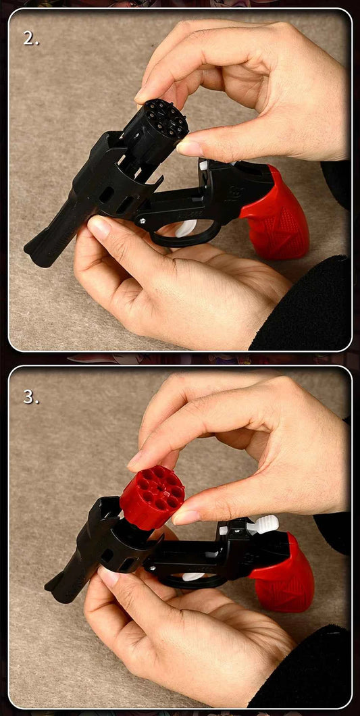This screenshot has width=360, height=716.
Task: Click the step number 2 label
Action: [x=31, y=39]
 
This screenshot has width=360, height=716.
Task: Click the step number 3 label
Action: [x=31, y=397]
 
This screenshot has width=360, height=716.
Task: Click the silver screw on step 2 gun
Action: [x=143, y=221]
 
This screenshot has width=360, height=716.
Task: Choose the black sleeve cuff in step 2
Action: [x=305, y=304]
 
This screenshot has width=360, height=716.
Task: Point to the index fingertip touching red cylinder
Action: [x=137, y=462]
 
